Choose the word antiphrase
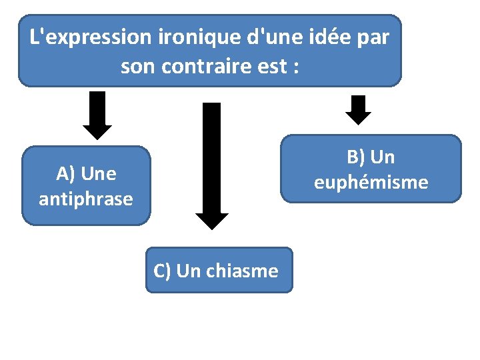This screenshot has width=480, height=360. pos(86,199)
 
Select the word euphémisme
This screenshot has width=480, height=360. pos(371,182)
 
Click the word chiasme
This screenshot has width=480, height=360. pos(242,271)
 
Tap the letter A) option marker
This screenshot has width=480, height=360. pos(65,174)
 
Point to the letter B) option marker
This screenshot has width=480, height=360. pos(355,157)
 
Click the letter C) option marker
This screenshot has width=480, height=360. pos(163,271)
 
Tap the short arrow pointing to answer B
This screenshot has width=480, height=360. pos(359,109)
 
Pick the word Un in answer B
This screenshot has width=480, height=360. pos(383,157)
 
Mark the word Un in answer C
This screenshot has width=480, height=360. pos(189,271)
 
